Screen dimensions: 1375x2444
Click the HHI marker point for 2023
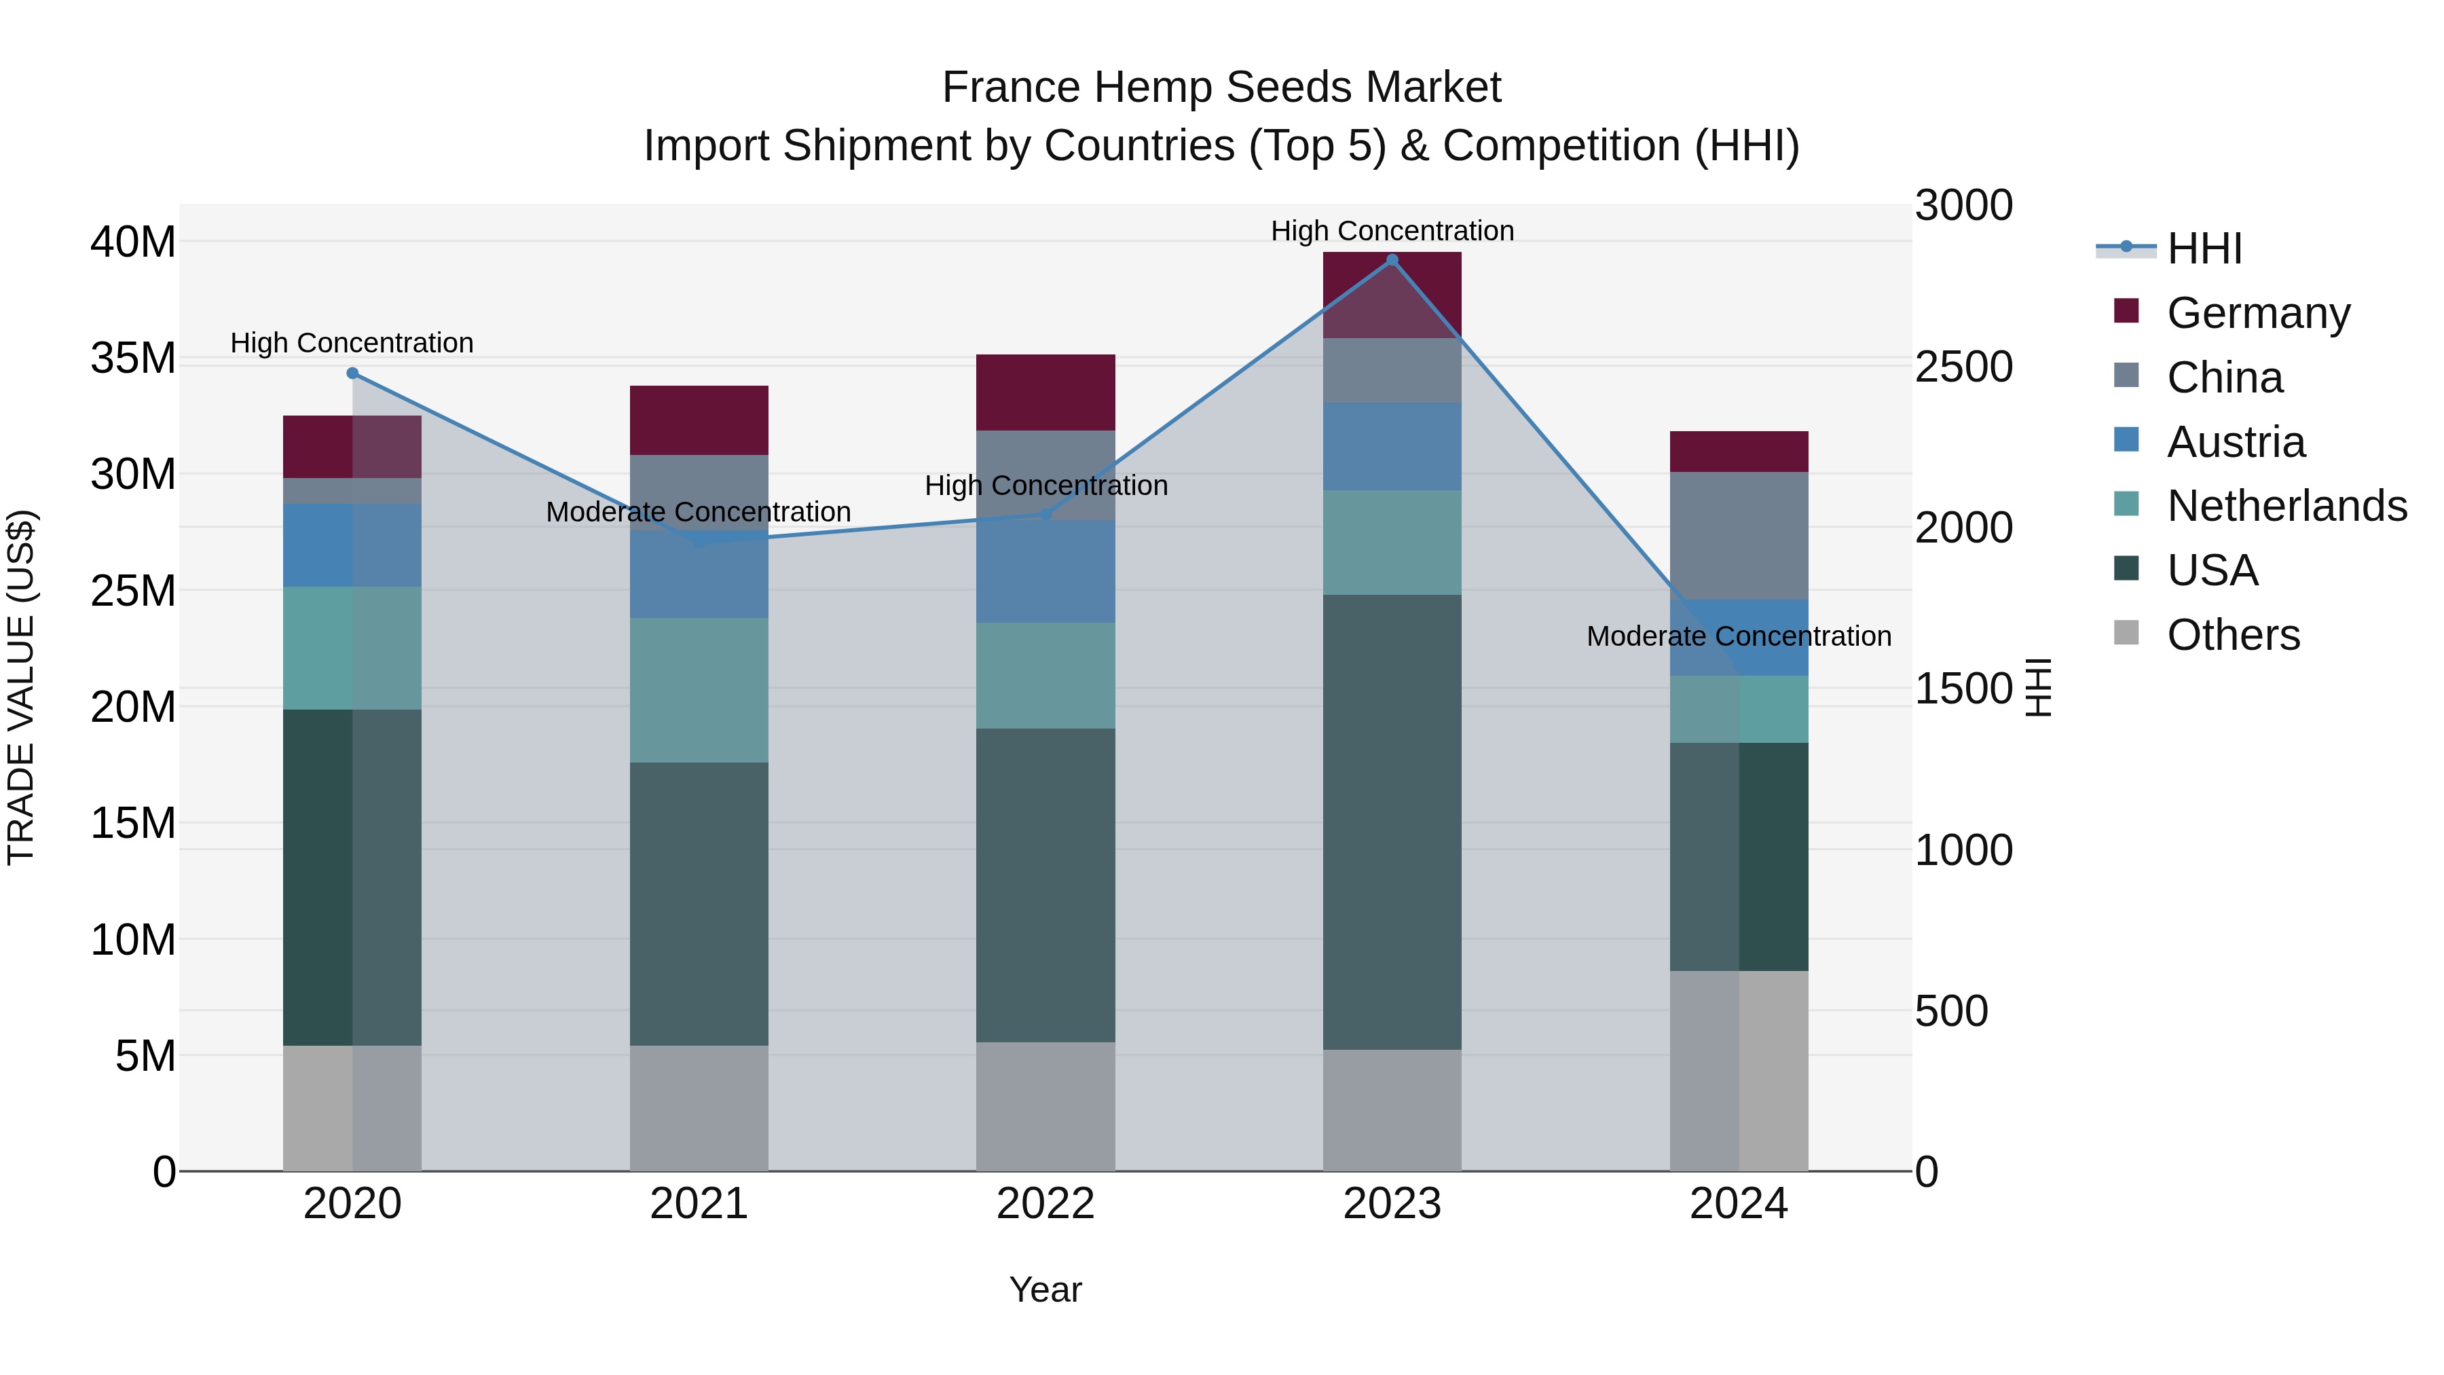click(1392, 260)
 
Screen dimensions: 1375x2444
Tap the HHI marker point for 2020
click(352, 373)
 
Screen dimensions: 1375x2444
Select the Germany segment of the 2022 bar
click(1045, 392)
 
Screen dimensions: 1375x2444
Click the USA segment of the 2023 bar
click(1392, 822)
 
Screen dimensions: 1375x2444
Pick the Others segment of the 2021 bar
click(699, 1107)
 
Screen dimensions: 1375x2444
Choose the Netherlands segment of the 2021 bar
click(699, 690)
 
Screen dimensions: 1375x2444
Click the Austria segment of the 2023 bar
click(1392, 446)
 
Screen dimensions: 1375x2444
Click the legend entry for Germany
click(2258, 313)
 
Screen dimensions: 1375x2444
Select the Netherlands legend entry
click(2286, 506)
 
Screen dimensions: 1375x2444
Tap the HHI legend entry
click(2204, 249)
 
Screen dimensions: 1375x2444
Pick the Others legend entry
click(2232, 635)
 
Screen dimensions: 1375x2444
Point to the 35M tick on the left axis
click(133, 359)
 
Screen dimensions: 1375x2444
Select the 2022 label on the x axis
click(1045, 1204)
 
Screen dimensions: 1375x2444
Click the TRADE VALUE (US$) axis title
click(21, 687)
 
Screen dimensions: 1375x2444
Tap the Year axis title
click(1045, 1289)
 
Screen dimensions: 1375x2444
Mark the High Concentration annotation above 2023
click(1392, 231)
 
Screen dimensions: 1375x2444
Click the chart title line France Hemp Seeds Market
click(1221, 88)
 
